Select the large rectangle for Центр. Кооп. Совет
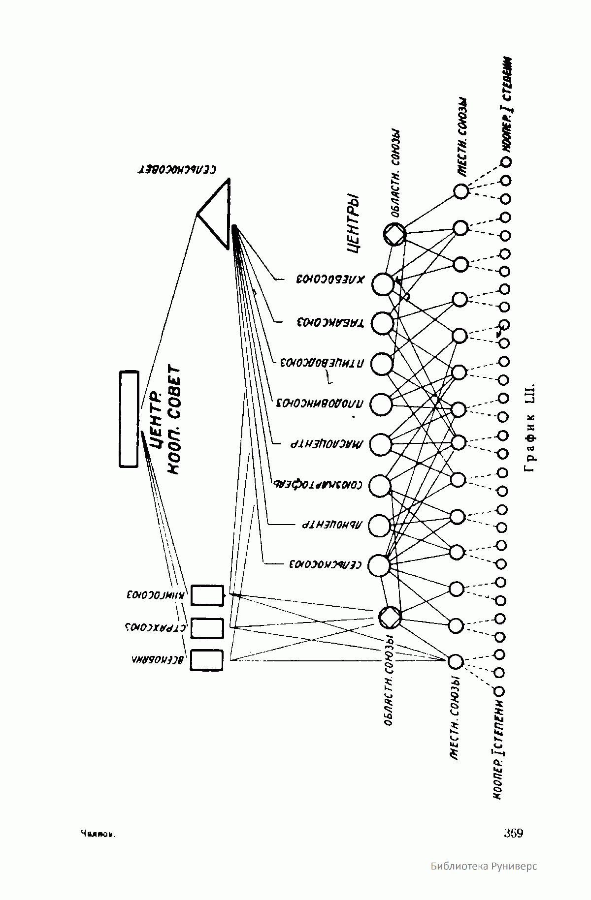coord(129,419)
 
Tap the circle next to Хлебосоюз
coord(383,284)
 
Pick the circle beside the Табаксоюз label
coord(382,323)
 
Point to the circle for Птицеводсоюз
coord(382,364)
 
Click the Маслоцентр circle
coord(380,444)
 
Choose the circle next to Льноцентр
coord(379,525)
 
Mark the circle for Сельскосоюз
coord(379,565)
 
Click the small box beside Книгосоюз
coord(207,595)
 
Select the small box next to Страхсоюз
coord(207,628)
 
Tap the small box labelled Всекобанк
coord(207,660)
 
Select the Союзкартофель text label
coord(318,484)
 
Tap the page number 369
coord(513,833)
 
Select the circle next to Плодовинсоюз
coord(381,404)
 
